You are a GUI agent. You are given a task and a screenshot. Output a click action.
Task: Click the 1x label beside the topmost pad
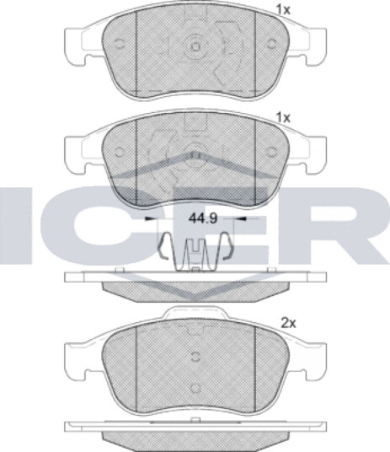283,11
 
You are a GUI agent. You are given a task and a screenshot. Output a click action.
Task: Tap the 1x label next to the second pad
283,118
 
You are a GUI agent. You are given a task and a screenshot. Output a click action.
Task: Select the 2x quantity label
288,324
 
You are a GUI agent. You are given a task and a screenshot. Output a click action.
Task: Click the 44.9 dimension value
203,218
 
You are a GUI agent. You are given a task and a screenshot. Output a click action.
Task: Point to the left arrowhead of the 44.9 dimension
150,219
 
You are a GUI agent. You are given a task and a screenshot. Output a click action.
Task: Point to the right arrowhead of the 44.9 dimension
243,219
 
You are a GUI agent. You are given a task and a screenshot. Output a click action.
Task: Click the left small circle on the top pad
120,44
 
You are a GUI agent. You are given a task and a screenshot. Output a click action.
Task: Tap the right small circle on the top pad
271,44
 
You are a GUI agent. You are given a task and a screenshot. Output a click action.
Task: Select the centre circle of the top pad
195,46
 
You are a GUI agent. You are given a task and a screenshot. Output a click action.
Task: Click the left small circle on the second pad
120,152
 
